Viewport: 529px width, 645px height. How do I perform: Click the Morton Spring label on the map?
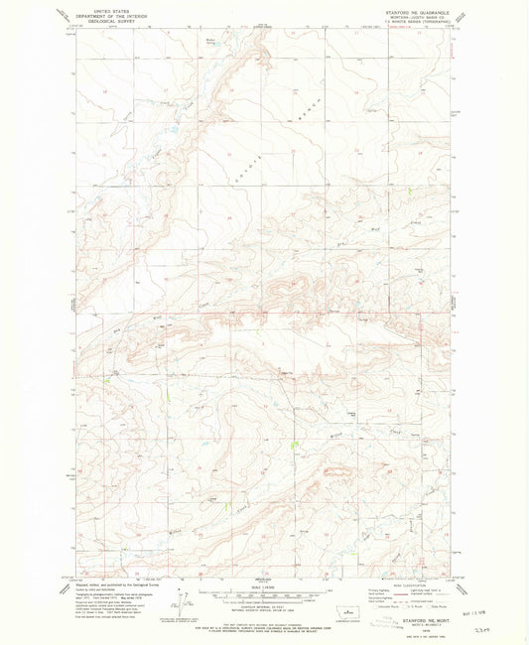210,42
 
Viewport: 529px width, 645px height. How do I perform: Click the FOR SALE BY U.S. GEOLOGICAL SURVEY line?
261,617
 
